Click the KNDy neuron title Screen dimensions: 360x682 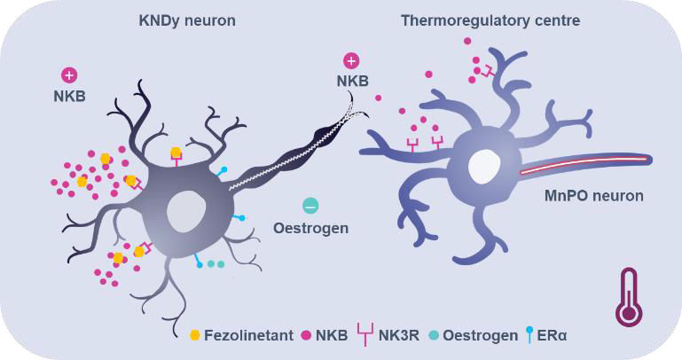point(188,20)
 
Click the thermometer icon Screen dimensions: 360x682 point(630,297)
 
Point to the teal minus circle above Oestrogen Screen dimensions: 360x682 point(310,207)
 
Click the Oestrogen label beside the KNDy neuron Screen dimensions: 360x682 point(310,228)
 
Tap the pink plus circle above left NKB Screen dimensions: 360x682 point(69,75)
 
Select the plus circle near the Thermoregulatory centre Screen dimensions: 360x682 point(351,61)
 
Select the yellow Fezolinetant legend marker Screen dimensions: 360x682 point(194,336)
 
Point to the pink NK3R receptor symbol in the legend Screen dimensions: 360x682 point(364,336)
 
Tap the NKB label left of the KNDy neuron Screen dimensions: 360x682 point(68,96)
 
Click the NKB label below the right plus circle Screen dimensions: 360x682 point(351,82)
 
